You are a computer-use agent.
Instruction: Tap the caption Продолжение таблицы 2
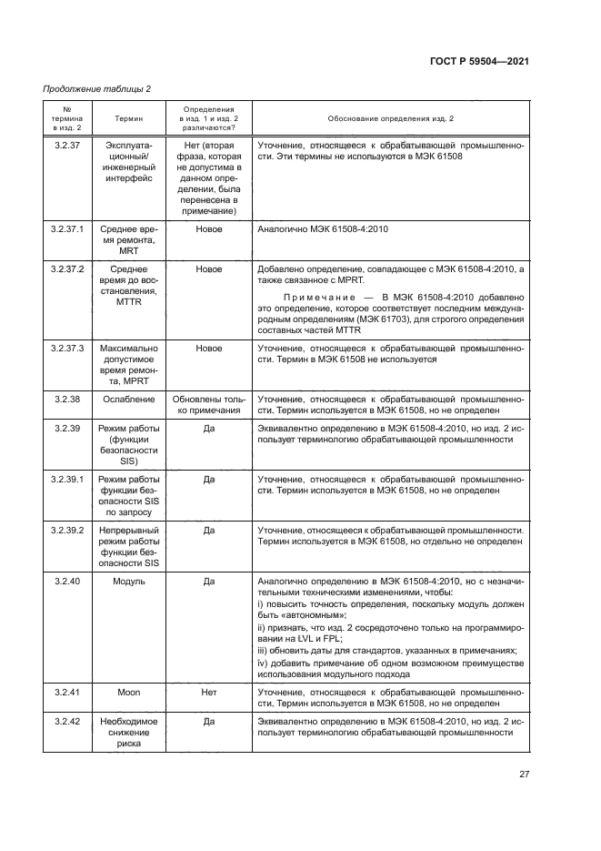[x=97, y=88]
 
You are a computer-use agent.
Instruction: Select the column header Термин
[x=128, y=119]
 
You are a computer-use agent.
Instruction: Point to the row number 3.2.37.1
[x=68, y=229]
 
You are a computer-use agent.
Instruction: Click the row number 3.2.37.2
[x=68, y=270]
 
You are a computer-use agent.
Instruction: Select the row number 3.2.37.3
[x=68, y=348]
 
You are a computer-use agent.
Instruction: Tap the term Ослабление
[x=128, y=399]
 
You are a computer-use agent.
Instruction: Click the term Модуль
[x=128, y=580]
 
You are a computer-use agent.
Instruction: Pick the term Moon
[x=128, y=693]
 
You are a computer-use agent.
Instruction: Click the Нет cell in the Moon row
[x=208, y=693]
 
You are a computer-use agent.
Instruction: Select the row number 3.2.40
[x=68, y=580]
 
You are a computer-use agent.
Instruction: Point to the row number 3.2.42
[x=68, y=720]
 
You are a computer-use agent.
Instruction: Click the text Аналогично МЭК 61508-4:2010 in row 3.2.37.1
[x=323, y=229]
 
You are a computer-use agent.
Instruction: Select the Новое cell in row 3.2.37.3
[x=208, y=348]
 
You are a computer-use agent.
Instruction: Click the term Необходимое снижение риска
[x=128, y=731]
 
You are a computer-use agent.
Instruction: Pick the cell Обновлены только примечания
[x=208, y=404]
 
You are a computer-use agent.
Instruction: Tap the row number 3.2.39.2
[x=68, y=529]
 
